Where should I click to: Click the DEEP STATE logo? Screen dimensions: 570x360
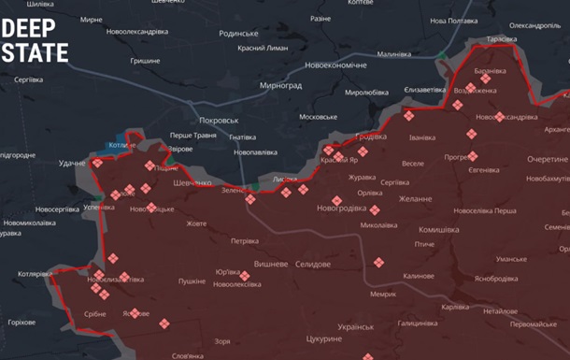pyautogui.click(x=35, y=40)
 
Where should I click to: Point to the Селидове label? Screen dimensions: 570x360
pyautogui.click(x=312, y=265)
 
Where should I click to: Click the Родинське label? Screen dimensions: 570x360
pyautogui.click(x=238, y=33)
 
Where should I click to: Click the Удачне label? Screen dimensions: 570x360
pyautogui.click(x=72, y=164)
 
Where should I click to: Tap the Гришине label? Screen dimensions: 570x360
pyautogui.click(x=144, y=61)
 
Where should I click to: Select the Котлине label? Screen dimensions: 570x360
pyautogui.click(x=121, y=146)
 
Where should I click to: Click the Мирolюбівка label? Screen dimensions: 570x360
pyautogui.click(x=366, y=93)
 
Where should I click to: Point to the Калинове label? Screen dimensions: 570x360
pyautogui.click(x=418, y=276)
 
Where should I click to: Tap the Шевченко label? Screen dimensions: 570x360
pyautogui.click(x=192, y=183)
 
